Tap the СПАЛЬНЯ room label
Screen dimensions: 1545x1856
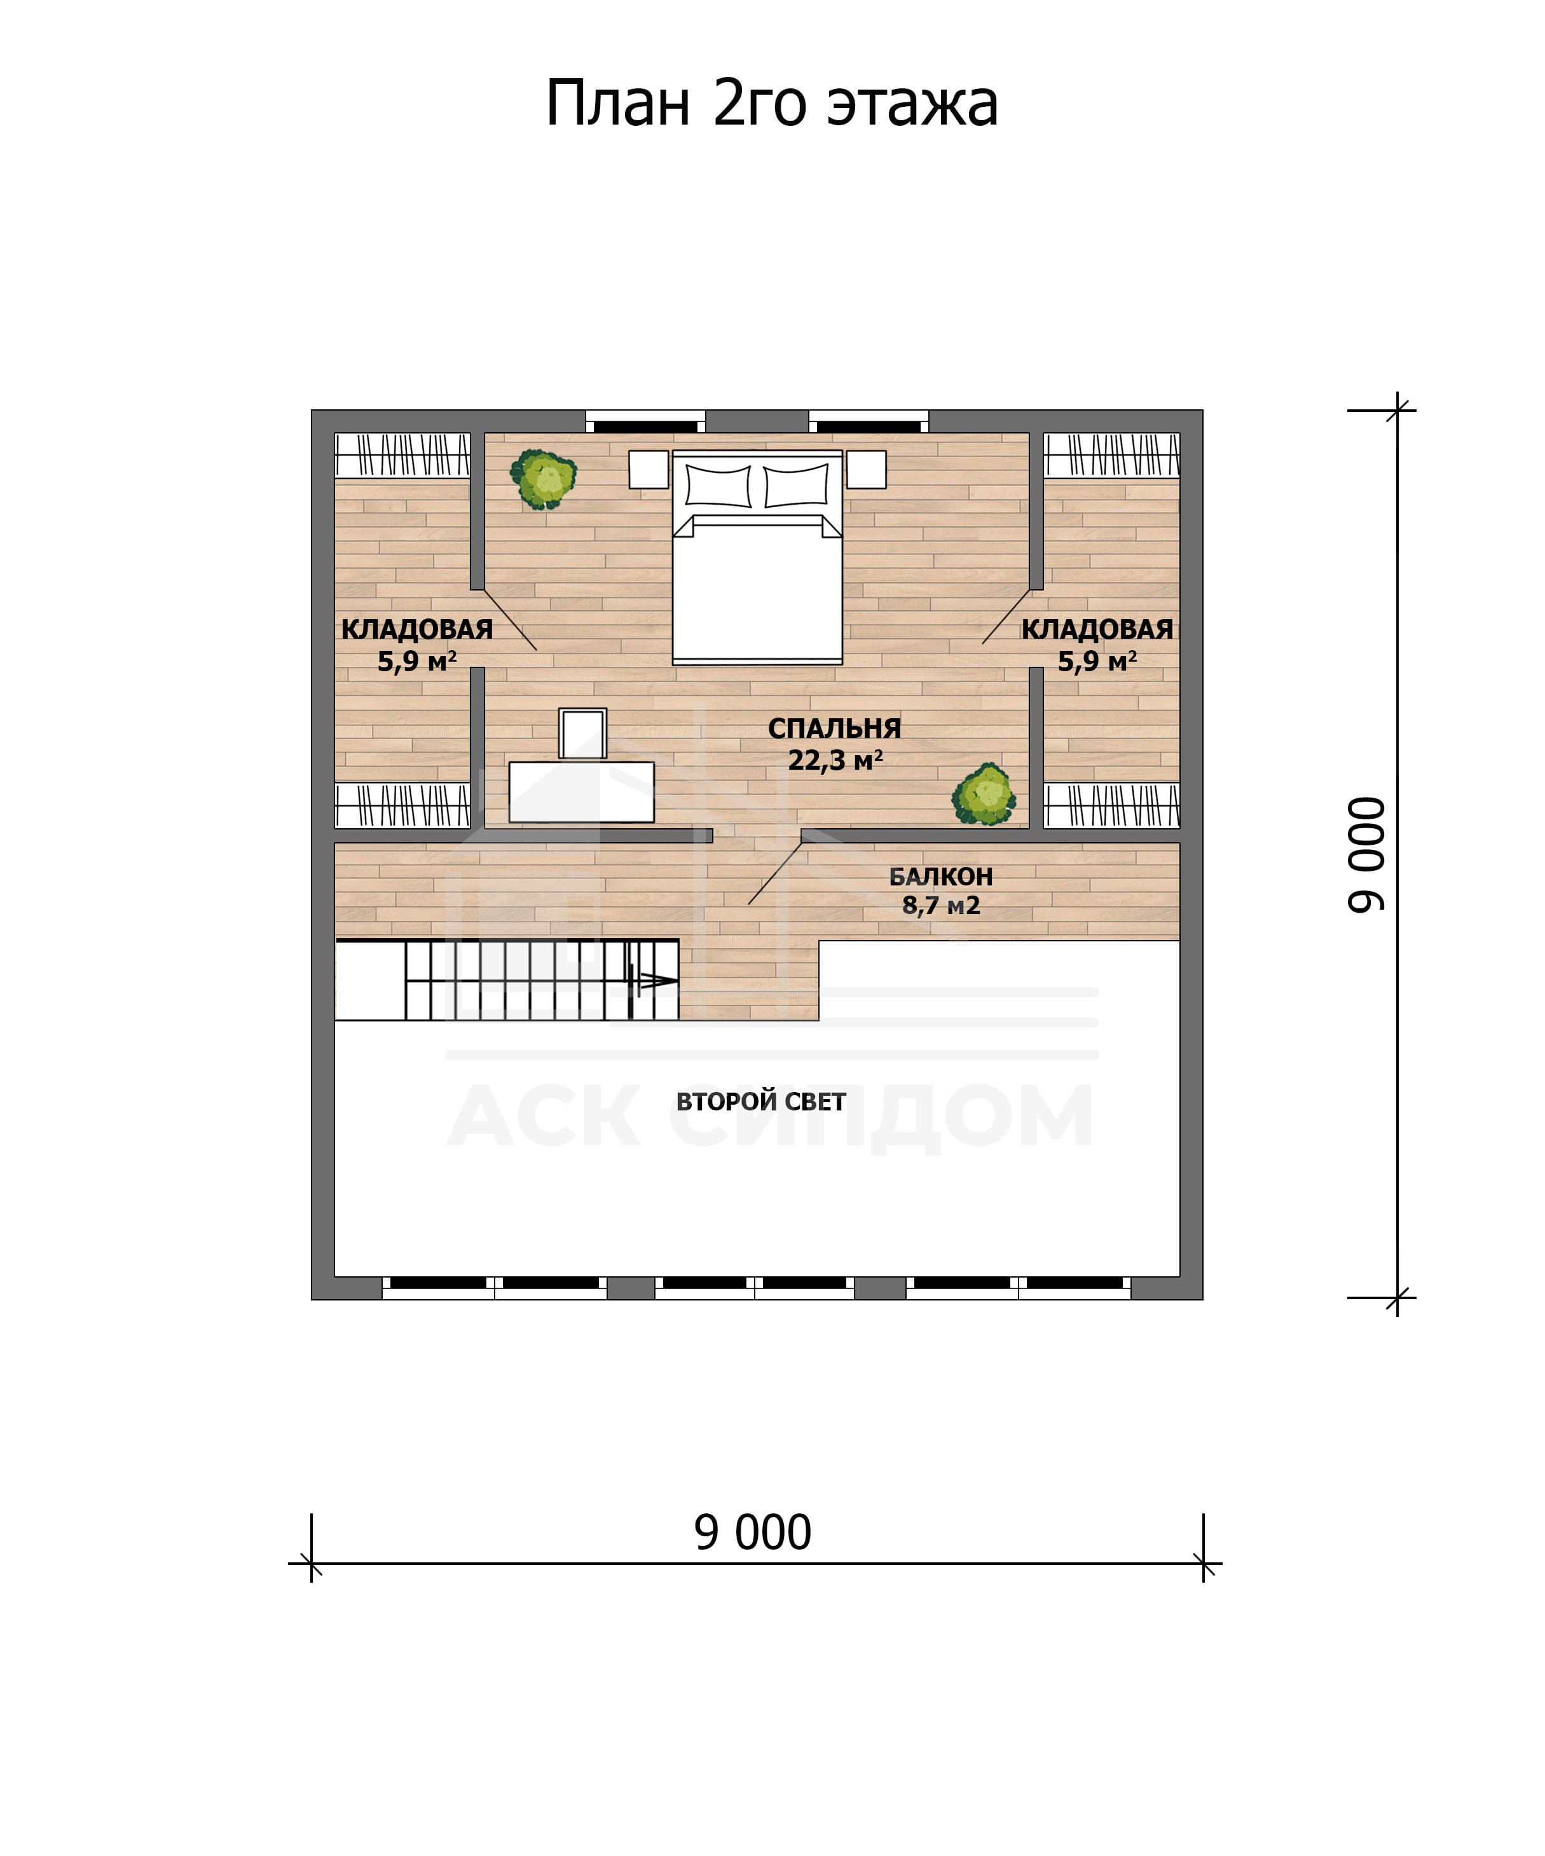click(x=834, y=728)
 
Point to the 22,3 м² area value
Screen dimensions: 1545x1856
click(x=835, y=760)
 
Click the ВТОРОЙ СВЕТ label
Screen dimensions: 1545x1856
click(x=761, y=1102)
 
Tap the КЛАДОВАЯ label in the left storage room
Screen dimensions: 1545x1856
click(x=417, y=629)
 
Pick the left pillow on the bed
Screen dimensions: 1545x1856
click(x=718, y=485)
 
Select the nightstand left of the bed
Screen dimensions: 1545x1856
click(x=649, y=469)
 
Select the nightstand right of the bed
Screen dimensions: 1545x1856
click(x=866, y=469)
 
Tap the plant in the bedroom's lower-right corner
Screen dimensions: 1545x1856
click(x=984, y=795)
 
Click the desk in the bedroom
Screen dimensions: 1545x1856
click(x=582, y=792)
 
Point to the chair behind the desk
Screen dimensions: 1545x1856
click(x=582, y=734)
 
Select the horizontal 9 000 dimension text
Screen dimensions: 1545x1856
click(x=752, y=1532)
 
